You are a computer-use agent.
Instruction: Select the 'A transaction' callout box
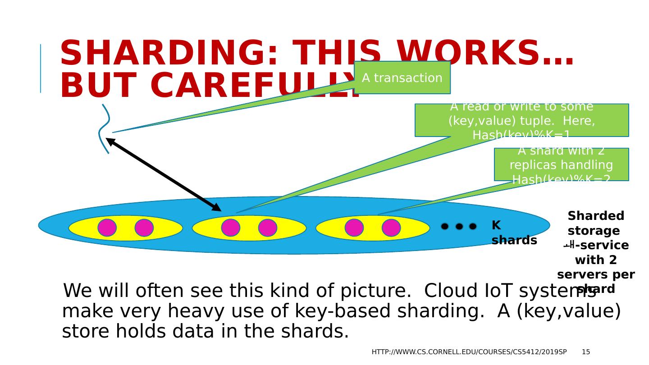pyautogui.click(x=402, y=78)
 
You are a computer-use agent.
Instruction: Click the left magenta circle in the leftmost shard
pyautogui.click(x=107, y=228)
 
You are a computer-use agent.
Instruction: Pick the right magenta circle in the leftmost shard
pyautogui.click(x=144, y=228)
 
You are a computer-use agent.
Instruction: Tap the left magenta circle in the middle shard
pyautogui.click(x=231, y=228)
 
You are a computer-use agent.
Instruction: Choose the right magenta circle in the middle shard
pyautogui.click(x=268, y=228)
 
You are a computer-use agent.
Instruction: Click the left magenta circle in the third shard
pyautogui.click(x=354, y=228)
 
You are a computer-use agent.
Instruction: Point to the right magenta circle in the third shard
pyautogui.click(x=391, y=228)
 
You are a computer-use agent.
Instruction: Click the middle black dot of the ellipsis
pyautogui.click(x=459, y=226)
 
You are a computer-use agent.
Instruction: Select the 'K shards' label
pyautogui.click(x=514, y=233)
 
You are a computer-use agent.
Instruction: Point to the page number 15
pyautogui.click(x=585, y=352)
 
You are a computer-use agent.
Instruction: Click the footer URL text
pyautogui.click(x=469, y=352)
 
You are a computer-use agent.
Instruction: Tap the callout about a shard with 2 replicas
pyautogui.click(x=561, y=164)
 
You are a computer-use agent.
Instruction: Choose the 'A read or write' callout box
pyautogui.click(x=521, y=120)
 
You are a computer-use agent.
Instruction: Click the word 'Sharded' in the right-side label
pyautogui.click(x=596, y=216)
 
